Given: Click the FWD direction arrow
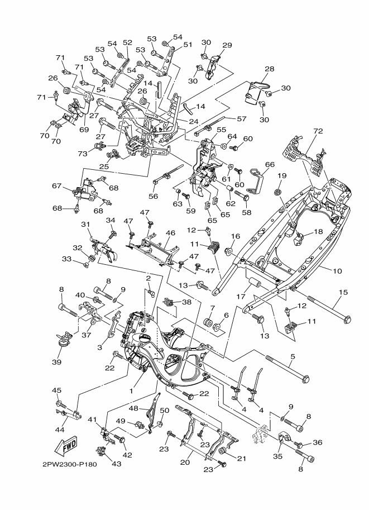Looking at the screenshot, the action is pos(65,445).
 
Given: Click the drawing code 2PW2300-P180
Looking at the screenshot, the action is pos(70,464).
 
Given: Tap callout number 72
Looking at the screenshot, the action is pos(318,131).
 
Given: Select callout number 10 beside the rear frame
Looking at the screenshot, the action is pos(338,270).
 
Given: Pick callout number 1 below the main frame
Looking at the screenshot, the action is pos(131,391).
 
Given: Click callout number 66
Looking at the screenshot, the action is pos(270,165).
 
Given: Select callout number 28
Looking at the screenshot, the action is pos(270,69).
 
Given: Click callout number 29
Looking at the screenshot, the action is pos(227,45).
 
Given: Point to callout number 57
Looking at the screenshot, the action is pos(242,119).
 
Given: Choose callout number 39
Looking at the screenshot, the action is pos(56,362).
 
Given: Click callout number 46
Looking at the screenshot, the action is pos(170,233).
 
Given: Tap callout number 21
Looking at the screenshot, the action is pos(241,459).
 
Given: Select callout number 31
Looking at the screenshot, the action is pos(85,225).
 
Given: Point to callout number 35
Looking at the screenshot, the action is pos(277,456).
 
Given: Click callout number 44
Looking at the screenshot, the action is pos(60,430).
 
